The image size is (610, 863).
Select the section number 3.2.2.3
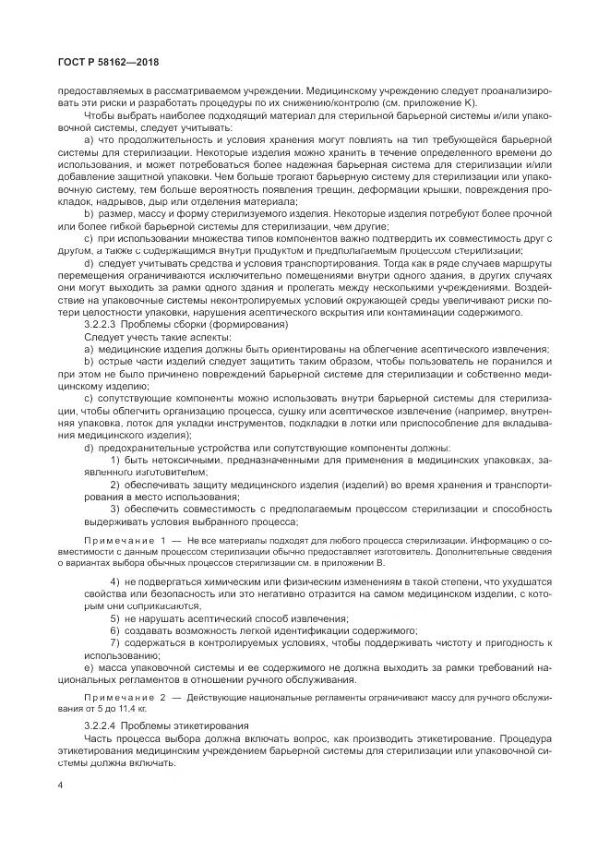click(104, 325)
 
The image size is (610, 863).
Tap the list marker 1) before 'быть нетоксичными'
click(115, 459)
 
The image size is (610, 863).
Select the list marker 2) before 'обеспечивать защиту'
click(115, 485)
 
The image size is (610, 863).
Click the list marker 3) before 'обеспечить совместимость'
click(115, 509)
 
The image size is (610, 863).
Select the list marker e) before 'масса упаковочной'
click(88, 665)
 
